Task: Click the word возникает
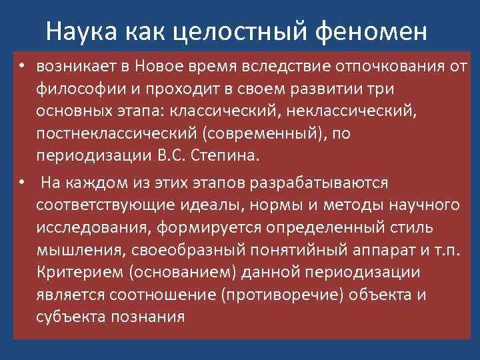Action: [75, 66]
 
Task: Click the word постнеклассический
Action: [119, 135]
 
